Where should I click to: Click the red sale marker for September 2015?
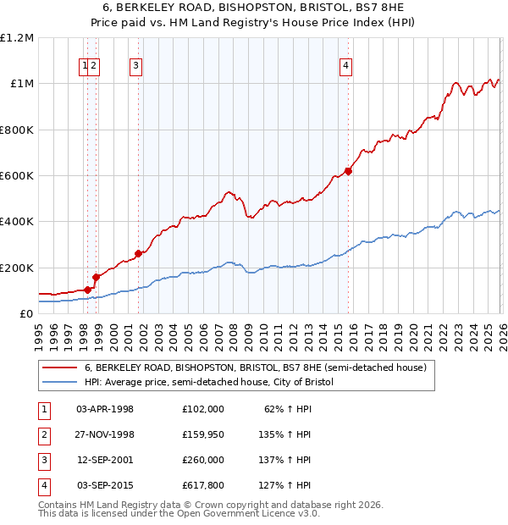[348, 171]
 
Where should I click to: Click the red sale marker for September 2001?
[138, 253]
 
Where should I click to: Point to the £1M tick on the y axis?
[20, 84]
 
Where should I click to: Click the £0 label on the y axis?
[25, 313]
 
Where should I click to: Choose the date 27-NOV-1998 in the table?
[105, 434]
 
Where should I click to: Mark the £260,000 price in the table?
[202, 460]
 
